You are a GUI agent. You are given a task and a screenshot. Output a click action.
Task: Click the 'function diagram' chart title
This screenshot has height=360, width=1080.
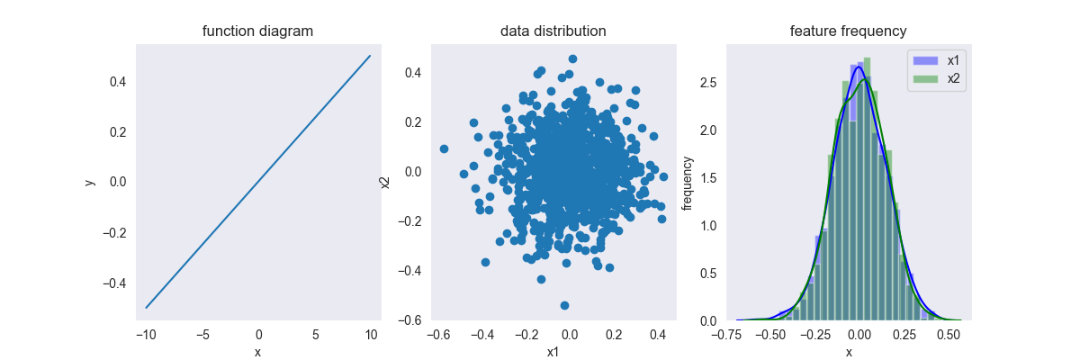(258, 31)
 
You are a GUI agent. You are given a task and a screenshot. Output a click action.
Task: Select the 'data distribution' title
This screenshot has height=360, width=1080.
(553, 31)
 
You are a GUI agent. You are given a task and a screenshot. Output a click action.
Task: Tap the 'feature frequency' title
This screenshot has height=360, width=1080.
(848, 31)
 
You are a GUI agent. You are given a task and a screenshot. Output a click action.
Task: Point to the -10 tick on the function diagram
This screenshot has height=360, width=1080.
(145, 335)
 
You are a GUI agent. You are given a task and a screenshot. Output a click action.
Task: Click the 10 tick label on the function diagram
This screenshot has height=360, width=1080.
(371, 335)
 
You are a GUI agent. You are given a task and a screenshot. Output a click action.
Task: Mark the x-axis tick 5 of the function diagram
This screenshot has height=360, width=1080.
(315, 335)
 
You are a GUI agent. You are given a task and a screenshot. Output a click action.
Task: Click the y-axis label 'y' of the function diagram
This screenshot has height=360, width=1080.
(90, 182)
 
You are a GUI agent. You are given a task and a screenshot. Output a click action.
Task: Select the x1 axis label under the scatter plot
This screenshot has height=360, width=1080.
(553, 352)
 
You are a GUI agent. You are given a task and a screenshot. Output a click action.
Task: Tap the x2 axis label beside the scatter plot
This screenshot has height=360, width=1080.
(385, 182)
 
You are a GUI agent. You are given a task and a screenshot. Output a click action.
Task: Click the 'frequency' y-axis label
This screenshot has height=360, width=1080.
(688, 182)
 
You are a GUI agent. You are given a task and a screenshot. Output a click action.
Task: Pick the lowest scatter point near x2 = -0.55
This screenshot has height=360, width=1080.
(564, 306)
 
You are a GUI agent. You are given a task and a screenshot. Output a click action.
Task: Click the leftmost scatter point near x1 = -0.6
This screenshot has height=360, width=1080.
(444, 148)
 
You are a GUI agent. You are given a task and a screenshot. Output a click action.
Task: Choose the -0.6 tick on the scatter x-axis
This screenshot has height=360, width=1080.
(436, 335)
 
